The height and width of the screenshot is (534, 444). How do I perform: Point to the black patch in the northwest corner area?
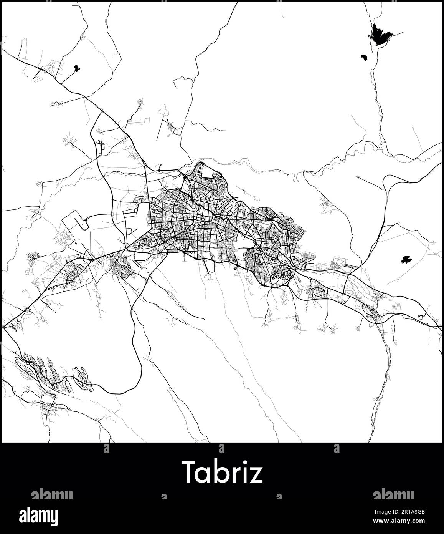77,69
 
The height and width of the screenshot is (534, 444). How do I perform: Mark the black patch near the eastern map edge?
404,260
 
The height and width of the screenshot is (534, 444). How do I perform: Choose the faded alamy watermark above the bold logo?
51,494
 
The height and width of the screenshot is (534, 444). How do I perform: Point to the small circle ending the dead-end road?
204,318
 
